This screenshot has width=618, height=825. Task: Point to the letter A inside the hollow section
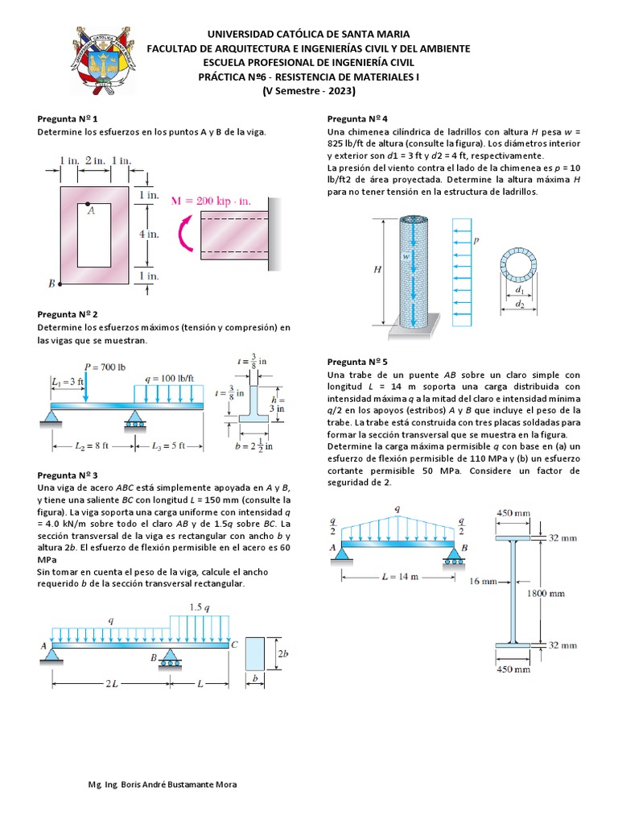[x=91, y=211]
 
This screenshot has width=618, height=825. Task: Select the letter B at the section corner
[x=51, y=283]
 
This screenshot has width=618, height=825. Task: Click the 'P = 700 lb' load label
[x=105, y=367]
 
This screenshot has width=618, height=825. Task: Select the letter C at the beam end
[x=233, y=645]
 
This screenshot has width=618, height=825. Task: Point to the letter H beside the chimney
[x=377, y=271]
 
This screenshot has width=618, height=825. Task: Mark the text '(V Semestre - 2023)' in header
[x=309, y=90]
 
